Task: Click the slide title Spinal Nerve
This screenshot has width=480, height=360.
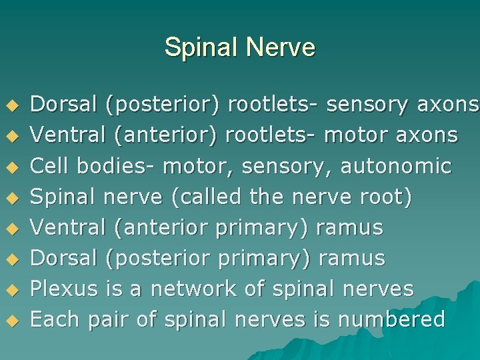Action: [239, 47]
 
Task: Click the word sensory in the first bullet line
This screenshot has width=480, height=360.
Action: [368, 104]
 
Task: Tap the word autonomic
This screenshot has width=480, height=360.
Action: [396, 165]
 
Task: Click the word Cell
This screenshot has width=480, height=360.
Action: [51, 165]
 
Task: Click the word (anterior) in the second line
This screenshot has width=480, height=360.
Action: [166, 135]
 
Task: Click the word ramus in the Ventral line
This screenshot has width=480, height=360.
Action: [350, 227]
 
